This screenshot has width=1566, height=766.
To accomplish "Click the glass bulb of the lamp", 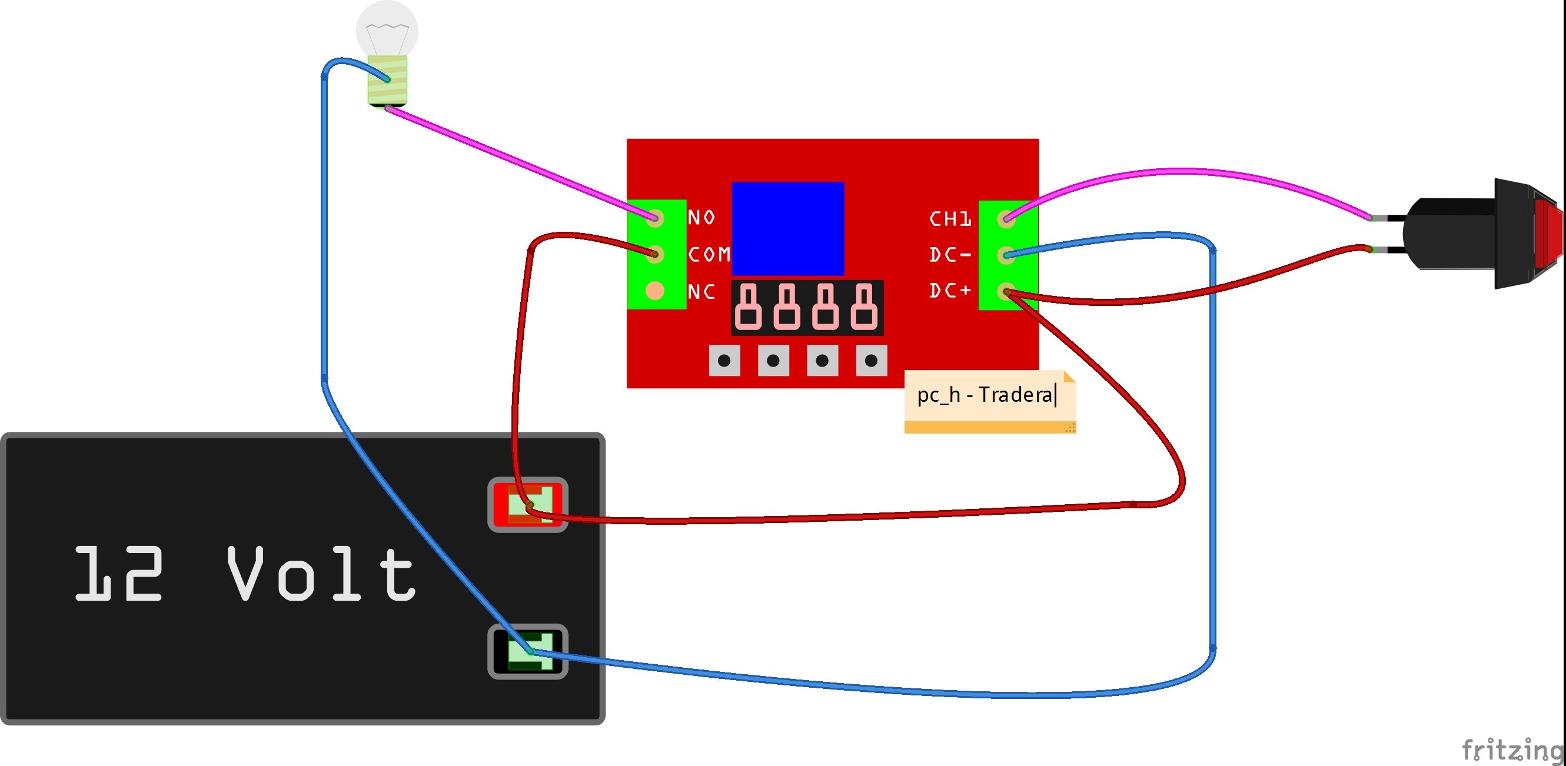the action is click(387, 29).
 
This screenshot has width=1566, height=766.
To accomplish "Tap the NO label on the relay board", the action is click(701, 217).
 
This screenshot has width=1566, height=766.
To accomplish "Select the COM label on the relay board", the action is click(709, 254).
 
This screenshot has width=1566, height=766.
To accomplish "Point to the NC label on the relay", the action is click(701, 292).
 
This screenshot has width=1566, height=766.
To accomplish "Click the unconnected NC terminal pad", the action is click(655, 291).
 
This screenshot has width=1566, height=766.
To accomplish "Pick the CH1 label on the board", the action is click(950, 219).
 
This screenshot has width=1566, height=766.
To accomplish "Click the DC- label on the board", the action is click(950, 255).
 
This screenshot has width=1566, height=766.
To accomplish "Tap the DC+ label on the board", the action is click(950, 291).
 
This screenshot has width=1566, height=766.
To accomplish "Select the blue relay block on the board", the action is click(788, 229).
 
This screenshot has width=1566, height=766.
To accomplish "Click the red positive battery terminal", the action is click(528, 505).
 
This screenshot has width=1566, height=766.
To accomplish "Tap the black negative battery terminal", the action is click(528, 652).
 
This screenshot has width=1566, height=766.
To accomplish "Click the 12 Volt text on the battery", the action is click(245, 573).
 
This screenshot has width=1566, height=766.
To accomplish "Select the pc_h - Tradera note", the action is click(990, 401).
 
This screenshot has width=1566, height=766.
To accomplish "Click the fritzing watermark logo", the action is click(1512, 750).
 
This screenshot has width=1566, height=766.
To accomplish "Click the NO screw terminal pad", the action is click(655, 218).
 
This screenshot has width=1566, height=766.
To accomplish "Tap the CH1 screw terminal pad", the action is click(1006, 218).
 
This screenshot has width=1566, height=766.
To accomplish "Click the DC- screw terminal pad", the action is click(1006, 255).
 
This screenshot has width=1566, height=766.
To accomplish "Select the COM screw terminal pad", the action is click(655, 254).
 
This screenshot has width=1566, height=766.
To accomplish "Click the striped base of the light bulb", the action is click(387, 79).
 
